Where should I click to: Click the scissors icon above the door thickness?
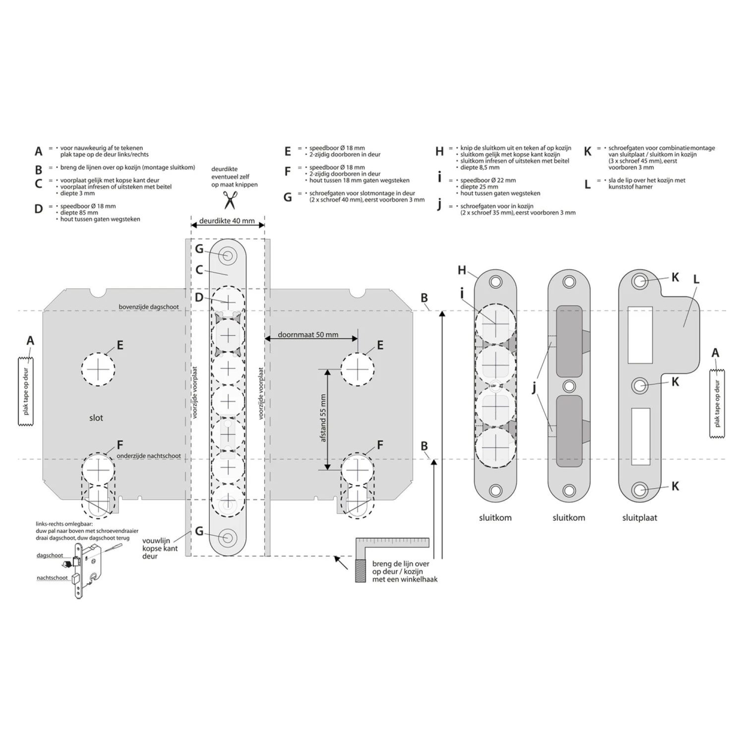229,200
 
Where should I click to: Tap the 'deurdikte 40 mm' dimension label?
227,221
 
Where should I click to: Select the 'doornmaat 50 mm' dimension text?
308,334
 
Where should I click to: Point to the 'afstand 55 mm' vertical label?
323,418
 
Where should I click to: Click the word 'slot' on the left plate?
96,418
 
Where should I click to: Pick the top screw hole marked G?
228,256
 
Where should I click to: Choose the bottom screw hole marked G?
228,538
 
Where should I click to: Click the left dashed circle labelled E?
98,369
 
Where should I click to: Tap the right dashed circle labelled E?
357,369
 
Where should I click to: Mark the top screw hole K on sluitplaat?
640,281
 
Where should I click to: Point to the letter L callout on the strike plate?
696,279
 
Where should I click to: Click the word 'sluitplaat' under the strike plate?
640,517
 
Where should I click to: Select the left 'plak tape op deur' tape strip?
26,391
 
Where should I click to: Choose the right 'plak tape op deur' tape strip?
717,403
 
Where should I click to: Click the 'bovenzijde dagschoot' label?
149,307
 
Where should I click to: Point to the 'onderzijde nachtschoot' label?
149,456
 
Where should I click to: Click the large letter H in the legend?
439,151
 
